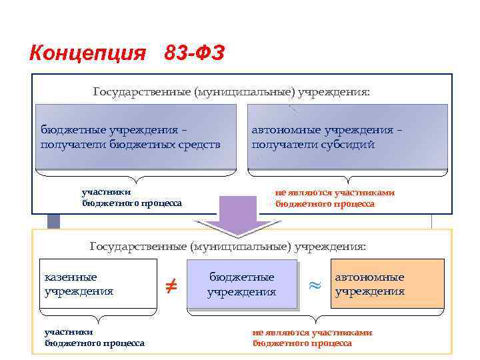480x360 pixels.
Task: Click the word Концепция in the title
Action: [87, 52]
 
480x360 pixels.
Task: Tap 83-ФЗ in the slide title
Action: [194, 52]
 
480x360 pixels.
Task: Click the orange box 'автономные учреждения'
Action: [387, 283]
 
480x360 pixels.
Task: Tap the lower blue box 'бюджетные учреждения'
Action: [241, 284]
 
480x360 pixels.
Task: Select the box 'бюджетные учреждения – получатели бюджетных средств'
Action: [136, 137]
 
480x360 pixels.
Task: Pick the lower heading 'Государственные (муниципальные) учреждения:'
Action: [228, 246]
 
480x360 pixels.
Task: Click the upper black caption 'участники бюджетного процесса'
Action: [131, 198]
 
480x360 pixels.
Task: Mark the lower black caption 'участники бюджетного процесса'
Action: [94, 337]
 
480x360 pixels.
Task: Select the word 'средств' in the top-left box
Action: [197, 144]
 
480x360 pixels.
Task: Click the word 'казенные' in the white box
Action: [71, 277]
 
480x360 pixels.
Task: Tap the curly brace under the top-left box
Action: [136, 176]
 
